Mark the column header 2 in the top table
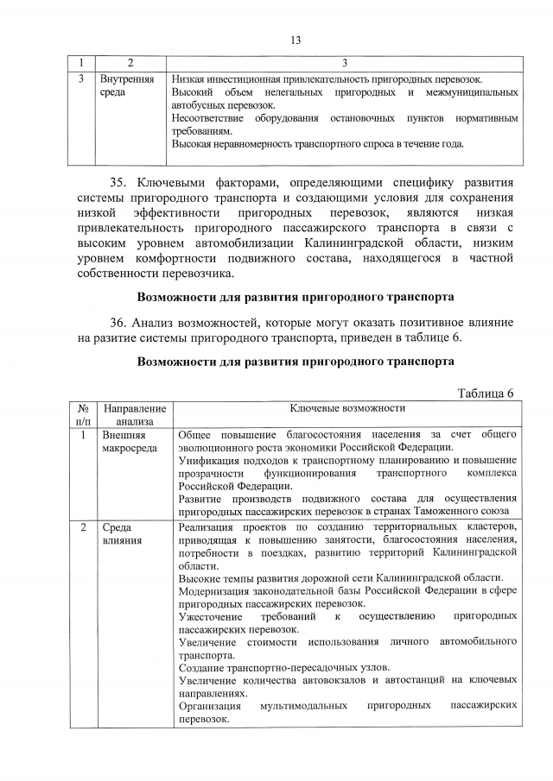[130, 63]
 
